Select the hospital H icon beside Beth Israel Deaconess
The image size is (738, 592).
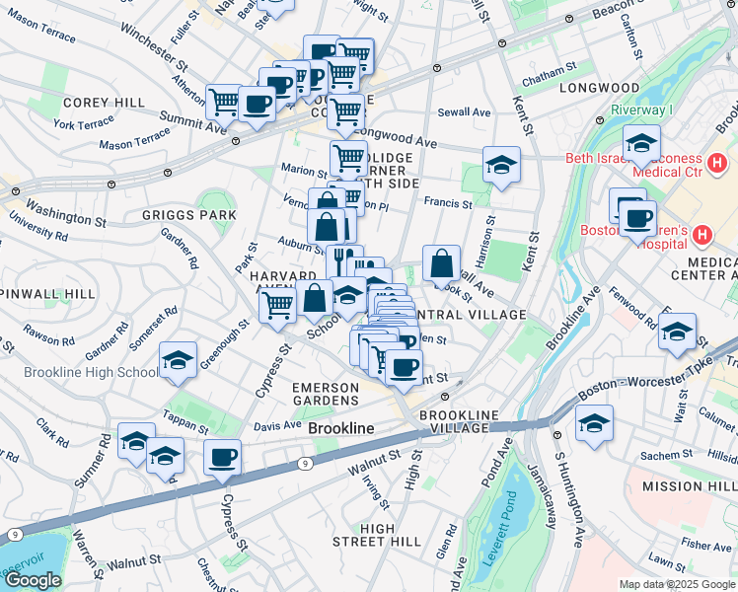717,162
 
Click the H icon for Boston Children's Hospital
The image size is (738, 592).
701,235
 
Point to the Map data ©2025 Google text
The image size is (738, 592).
676,584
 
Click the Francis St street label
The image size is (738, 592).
448,203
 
